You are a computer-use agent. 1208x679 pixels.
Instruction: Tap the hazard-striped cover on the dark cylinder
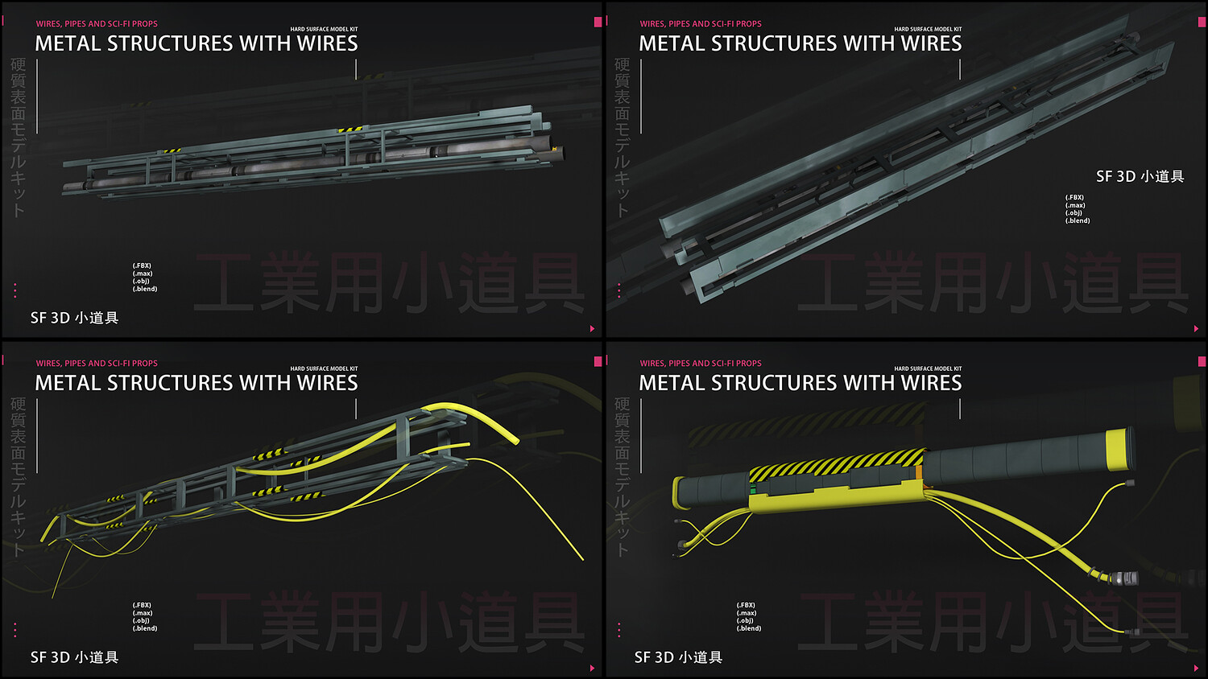click(838, 466)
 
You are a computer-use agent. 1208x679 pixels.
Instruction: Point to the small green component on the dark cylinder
click(755, 488)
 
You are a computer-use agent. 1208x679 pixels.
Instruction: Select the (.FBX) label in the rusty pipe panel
click(142, 265)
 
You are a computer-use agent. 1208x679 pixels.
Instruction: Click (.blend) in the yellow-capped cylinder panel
click(749, 628)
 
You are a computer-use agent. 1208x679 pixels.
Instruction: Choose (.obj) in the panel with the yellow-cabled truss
click(142, 620)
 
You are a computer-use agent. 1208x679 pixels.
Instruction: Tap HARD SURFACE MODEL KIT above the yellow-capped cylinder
click(928, 368)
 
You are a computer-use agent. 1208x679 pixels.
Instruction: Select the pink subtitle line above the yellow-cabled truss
click(97, 364)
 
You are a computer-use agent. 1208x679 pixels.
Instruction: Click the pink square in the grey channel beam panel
click(1202, 22)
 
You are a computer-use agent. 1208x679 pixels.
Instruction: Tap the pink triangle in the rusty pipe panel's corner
click(592, 328)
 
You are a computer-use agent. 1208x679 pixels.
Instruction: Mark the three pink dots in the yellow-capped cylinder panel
click(618, 629)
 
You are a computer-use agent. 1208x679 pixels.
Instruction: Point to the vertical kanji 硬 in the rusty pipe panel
click(18, 64)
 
